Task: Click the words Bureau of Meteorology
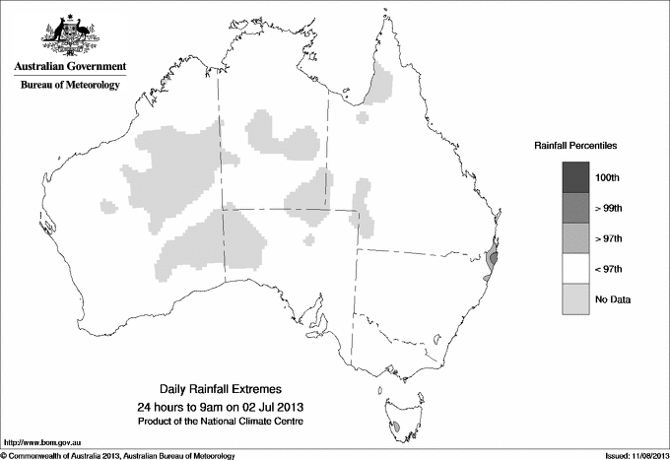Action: click(x=70, y=86)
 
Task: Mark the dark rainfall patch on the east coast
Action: click(x=493, y=260)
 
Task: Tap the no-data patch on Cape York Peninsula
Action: click(x=378, y=85)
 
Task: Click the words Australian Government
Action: click(x=70, y=67)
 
